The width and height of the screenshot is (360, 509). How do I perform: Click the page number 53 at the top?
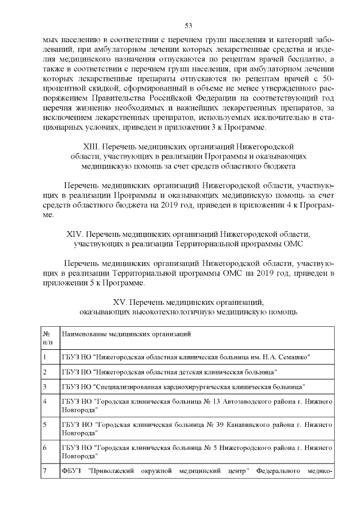pyautogui.click(x=189, y=25)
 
